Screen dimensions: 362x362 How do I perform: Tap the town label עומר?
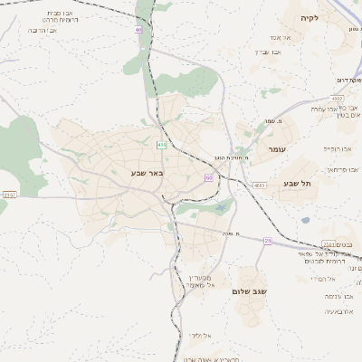276,148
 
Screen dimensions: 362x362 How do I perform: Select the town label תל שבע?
298,184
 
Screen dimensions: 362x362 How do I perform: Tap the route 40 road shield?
138,30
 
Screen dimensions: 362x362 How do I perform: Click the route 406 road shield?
162,144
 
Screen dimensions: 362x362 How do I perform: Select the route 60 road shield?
209,178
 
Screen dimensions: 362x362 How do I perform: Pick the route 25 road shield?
267,241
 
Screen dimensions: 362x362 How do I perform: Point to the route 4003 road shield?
260,185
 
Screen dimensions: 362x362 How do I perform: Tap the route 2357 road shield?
10,195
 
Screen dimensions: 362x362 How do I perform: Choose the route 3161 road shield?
329,244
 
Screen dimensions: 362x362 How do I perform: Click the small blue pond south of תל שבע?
305,220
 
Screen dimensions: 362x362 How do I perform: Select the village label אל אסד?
280,37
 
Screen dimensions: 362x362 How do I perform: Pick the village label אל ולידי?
201,336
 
